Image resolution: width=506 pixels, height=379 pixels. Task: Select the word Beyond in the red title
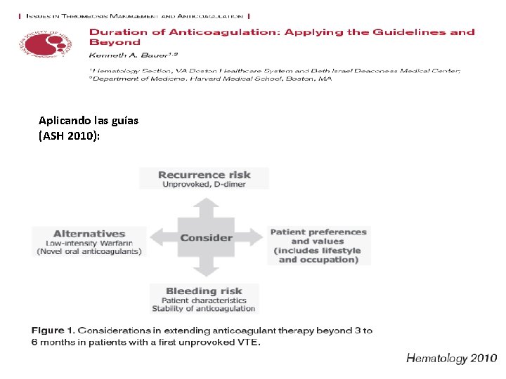[x=114, y=42]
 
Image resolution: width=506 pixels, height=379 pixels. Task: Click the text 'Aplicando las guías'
[x=89, y=120]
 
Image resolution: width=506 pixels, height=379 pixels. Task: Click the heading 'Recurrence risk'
[x=205, y=175]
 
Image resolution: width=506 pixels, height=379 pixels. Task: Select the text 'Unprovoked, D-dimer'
[x=205, y=185]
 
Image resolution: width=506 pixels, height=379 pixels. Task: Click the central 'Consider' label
[x=206, y=237]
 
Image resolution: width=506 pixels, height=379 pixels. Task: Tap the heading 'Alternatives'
[x=89, y=234]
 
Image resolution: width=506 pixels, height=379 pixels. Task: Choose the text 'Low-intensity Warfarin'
[x=89, y=243]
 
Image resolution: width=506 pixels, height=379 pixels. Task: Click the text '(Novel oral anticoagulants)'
[x=89, y=252]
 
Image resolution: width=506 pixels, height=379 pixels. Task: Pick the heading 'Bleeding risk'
[x=204, y=291]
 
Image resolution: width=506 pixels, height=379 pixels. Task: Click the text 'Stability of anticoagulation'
[x=204, y=309]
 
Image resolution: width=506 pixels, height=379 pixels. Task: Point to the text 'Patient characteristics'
[x=204, y=300]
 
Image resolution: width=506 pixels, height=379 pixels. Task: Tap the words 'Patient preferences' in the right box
[x=318, y=232]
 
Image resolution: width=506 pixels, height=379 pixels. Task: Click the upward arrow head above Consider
[x=205, y=204]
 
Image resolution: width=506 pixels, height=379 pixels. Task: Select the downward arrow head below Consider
[x=205, y=272]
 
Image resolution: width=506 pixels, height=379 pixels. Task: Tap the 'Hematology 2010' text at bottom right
[x=452, y=359]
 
